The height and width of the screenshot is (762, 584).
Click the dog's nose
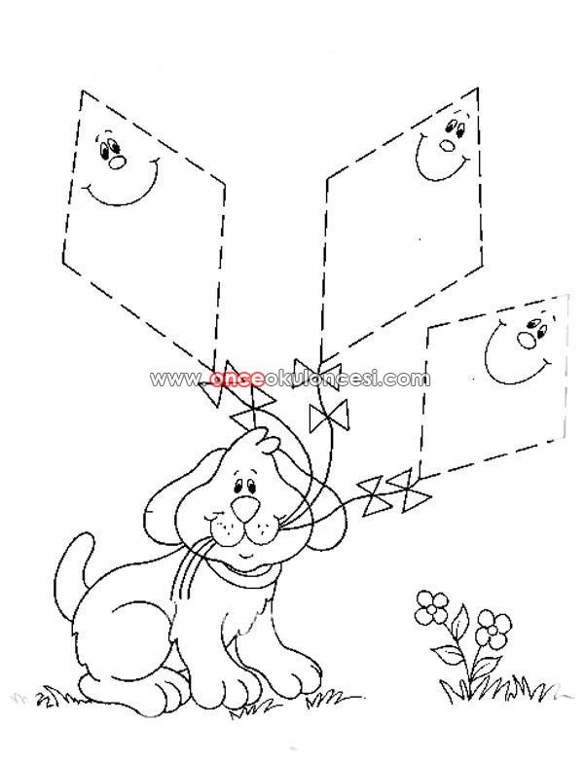[x=244, y=509]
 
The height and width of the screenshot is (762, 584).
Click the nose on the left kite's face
[x=117, y=163]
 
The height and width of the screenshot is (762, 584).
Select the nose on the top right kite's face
[x=447, y=144]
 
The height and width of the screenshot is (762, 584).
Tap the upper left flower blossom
[x=432, y=605]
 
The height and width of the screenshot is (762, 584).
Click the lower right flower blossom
[x=493, y=630]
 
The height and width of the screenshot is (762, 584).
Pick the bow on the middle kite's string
[x=329, y=416]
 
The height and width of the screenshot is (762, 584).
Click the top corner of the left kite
[x=82, y=91]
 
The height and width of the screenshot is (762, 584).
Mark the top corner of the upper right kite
[x=477, y=89]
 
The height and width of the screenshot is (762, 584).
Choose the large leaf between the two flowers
[x=458, y=622]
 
